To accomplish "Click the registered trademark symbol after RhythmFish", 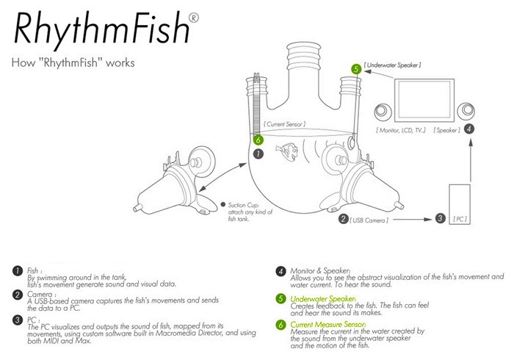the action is pos(194,18).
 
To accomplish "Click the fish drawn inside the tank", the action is pos(287,150).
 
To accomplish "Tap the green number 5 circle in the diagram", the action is pos(356,69).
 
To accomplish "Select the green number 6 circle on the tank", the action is pos(258,140).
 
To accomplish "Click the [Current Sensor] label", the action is pos(285,124).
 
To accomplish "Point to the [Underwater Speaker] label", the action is pos(392,65).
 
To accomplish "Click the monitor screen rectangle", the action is pos(424,100).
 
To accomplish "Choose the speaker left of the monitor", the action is pos(383,111).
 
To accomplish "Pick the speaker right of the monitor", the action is pos(466,111).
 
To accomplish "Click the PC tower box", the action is pos(460,204).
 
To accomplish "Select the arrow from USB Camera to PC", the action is pos(413,219).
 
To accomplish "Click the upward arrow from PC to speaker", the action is pos(471,160).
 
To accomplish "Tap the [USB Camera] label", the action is pos(369,220).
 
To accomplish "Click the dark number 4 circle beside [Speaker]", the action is pos(469,129).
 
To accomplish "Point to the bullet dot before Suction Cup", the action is pos(223,204).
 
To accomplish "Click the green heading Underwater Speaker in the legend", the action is pos(323,299).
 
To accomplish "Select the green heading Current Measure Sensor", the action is pos(328,325).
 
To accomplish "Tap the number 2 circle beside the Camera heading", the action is pos(18,295).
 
